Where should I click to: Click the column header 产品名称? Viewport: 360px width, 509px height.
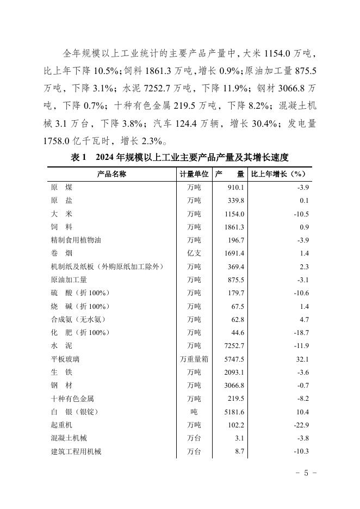point(111,174)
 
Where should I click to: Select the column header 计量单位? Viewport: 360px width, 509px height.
point(194,174)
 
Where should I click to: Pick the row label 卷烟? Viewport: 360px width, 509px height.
point(61,253)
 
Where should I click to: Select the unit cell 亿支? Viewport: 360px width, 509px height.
point(194,253)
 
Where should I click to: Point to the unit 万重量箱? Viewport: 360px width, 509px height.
point(194,359)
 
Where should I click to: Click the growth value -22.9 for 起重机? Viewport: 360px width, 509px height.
point(300,425)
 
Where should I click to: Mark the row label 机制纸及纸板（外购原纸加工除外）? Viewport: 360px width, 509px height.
point(107,266)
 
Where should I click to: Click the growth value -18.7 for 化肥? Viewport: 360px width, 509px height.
point(300,332)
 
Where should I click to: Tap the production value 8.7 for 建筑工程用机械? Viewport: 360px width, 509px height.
point(239,451)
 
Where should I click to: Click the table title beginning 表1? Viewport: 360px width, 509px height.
point(179,157)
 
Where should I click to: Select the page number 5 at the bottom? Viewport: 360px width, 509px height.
point(306,473)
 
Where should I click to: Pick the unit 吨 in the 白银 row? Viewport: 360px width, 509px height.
point(194,412)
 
